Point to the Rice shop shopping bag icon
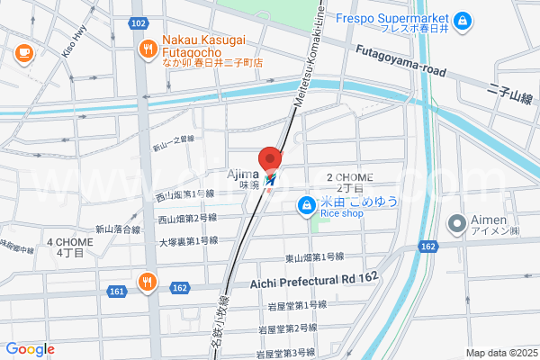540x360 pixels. pos(307,206)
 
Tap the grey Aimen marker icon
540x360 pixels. pos(457,222)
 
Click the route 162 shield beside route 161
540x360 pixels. pos(178,287)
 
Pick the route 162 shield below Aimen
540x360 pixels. pos(428,246)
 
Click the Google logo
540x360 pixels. pos(30,349)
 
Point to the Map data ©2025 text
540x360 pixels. pos(499,353)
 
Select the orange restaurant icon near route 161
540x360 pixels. pos(147,283)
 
